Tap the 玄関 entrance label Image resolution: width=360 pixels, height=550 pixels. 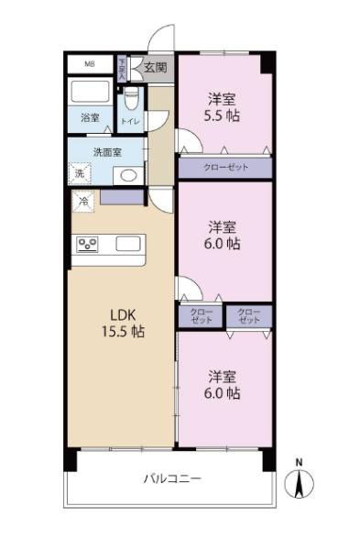click(156, 67)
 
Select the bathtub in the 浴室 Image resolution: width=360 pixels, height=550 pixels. click(91, 93)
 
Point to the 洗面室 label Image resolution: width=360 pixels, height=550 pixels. click(104, 152)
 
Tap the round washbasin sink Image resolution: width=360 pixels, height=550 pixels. click(126, 174)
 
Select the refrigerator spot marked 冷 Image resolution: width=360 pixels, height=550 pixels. click(82, 199)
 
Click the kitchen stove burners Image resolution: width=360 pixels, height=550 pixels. click(88, 244)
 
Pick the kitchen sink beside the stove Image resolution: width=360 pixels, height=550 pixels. click(128, 244)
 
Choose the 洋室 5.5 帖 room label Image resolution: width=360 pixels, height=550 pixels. click(223, 107)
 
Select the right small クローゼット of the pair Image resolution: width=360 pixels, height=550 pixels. click(249, 316)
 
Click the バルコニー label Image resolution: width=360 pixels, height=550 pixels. click(171, 478)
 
